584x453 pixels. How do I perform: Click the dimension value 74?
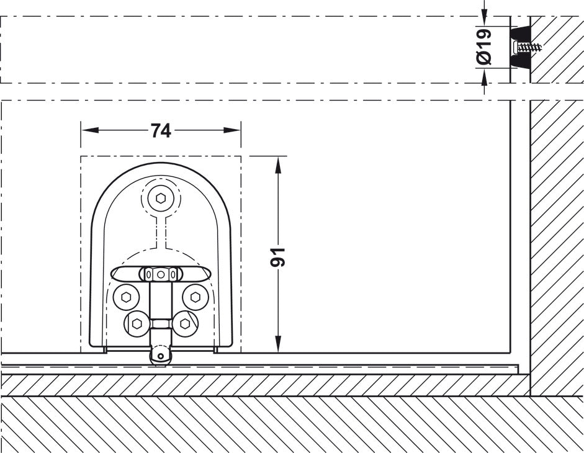click(161, 130)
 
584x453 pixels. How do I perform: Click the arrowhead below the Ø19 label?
click(485, 78)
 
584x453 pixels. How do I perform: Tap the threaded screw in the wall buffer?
click(528, 47)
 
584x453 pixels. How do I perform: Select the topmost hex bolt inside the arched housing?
click(161, 199)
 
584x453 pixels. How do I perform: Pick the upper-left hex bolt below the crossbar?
click(127, 297)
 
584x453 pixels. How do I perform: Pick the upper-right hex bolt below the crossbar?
click(195, 297)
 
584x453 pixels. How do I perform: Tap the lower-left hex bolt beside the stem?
click(137, 323)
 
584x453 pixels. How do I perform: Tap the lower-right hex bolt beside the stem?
click(184, 323)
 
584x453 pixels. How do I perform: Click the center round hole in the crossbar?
click(161, 274)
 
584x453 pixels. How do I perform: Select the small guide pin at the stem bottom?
click(161, 356)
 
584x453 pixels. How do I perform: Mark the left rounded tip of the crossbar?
click(116, 274)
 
